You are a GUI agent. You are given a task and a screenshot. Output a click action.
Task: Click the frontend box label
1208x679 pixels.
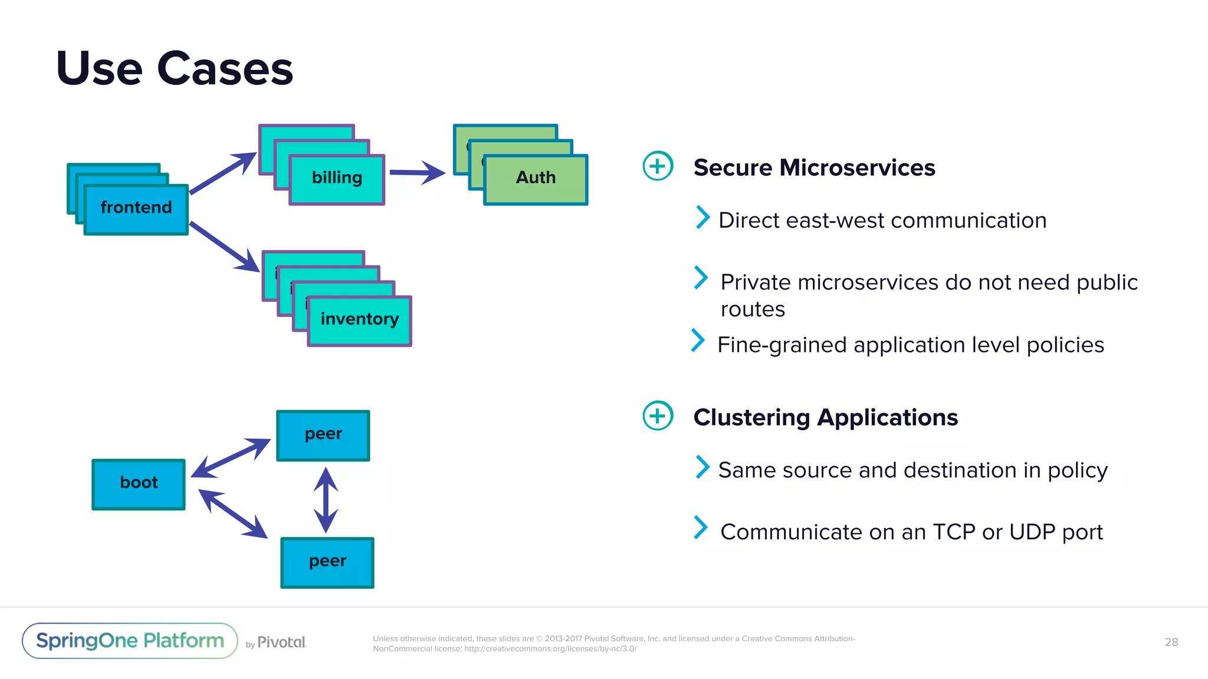pos(136,207)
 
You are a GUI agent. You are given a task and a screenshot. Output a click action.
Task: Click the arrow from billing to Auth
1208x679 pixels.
pos(416,173)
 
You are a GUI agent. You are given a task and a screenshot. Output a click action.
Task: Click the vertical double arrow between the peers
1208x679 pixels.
pos(326,500)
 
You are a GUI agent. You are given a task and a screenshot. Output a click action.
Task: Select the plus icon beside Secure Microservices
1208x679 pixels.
pos(658,166)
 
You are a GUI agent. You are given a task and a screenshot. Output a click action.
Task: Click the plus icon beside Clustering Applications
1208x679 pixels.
pos(658,416)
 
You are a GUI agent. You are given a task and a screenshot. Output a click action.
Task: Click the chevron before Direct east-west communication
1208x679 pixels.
pos(702,217)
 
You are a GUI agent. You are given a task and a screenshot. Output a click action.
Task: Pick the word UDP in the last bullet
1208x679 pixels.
pos(1032,532)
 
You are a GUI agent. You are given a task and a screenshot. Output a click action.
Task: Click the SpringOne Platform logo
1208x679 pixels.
pos(130,641)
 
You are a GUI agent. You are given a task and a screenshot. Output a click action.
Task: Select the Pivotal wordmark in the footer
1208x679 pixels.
pos(281,642)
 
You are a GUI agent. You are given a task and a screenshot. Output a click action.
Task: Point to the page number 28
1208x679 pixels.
pos(1171,642)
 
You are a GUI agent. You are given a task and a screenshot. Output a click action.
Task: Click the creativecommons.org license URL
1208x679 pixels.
pos(550,648)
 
